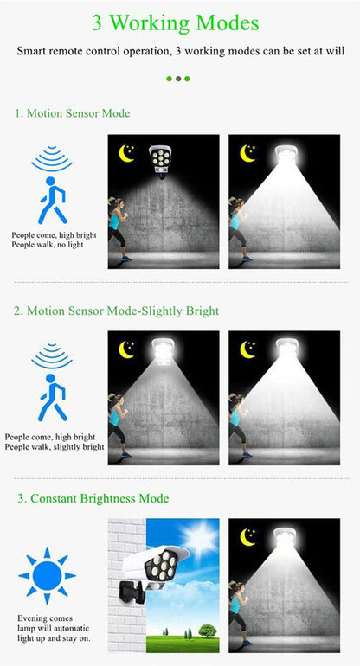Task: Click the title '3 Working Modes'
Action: tap(179, 23)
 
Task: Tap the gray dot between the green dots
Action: tap(178, 79)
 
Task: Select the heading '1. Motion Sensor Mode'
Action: tap(73, 113)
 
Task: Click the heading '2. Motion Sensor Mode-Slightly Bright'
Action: tap(116, 311)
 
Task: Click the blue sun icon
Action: tap(47, 575)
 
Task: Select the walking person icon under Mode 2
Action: tap(53, 398)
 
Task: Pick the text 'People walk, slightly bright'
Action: tap(54, 447)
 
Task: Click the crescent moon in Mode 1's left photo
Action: tap(126, 153)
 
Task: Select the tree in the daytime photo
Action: tap(206, 631)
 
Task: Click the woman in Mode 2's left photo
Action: tap(116, 425)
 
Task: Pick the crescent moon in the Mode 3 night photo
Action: tap(248, 537)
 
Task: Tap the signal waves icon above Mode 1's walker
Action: tap(52, 160)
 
